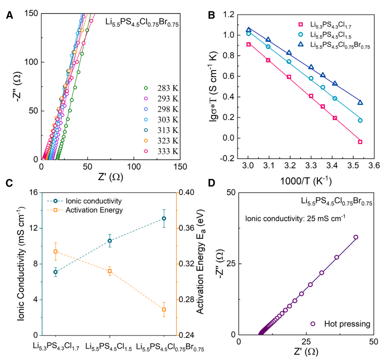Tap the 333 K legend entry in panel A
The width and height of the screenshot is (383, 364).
[x=159, y=151]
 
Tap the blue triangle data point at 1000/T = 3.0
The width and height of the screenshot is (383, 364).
[x=248, y=30]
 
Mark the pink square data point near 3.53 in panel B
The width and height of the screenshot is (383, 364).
[x=360, y=142]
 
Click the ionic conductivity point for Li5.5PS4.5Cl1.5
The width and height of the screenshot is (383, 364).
[x=110, y=240]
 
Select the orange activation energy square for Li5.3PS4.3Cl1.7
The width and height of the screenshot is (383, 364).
[x=56, y=251]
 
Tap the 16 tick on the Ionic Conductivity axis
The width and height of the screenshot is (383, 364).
[x=34, y=192]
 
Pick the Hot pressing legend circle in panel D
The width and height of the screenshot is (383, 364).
[x=313, y=324]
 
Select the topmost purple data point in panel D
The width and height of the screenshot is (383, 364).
[x=356, y=237]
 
